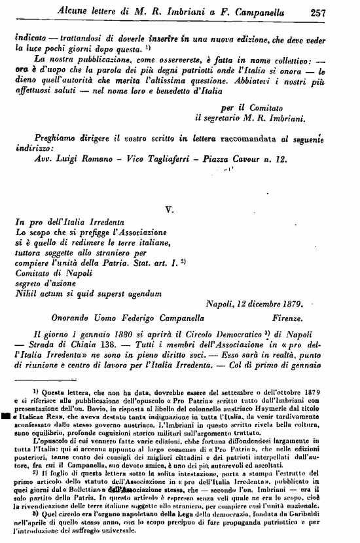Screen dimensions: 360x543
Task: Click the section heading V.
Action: tap(169, 210)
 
